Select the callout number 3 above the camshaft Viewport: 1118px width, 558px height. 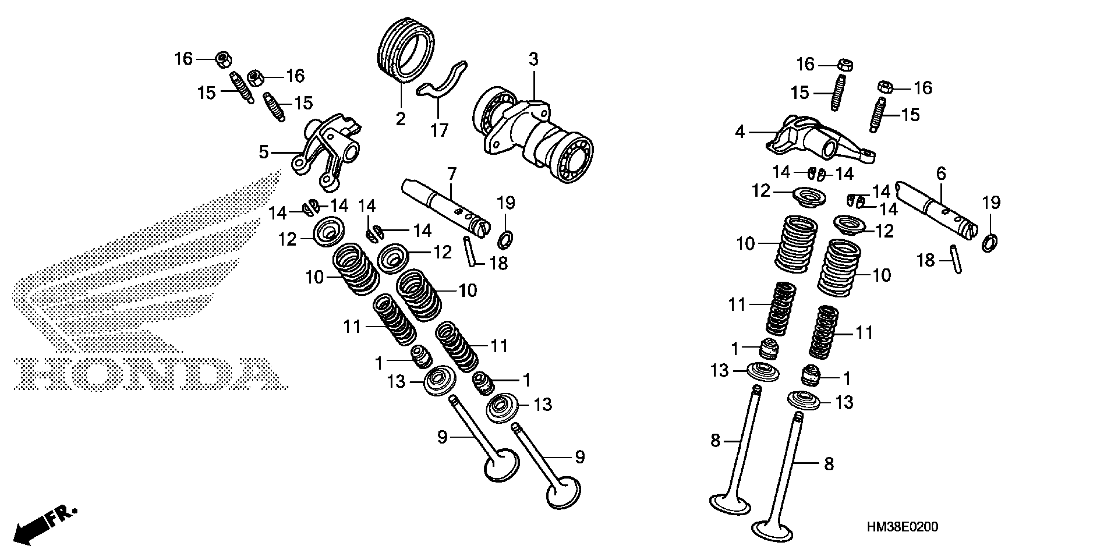(533, 59)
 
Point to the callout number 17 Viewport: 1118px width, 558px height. (439, 130)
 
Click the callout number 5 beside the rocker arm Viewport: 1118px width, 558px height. (264, 152)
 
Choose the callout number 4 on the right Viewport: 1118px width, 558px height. (740, 132)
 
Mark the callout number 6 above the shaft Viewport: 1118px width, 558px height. (941, 174)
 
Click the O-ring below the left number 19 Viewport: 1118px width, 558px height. (505, 240)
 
